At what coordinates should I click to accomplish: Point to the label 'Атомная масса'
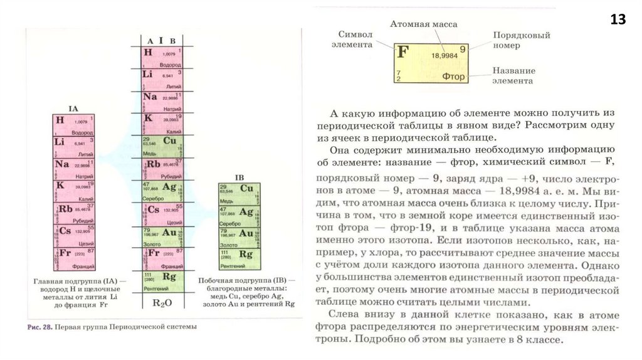tap(423, 24)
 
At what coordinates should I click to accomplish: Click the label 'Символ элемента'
tap(355, 38)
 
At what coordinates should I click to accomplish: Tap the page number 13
tap(618, 20)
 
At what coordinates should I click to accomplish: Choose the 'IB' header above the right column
tap(239, 176)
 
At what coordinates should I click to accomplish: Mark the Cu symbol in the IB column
tap(246, 188)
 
